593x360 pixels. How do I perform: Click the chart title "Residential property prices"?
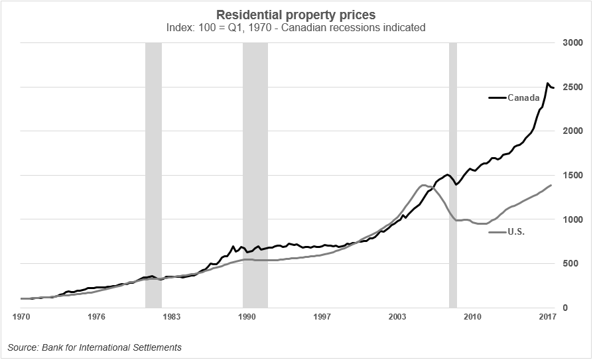click(x=296, y=14)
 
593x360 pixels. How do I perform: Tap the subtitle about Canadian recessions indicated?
click(x=296, y=29)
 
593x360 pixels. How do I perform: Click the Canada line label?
click(x=523, y=98)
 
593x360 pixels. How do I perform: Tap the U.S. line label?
click(x=517, y=232)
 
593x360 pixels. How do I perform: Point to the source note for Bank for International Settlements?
click(x=95, y=347)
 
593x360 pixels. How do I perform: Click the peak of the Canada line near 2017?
click(x=547, y=84)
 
